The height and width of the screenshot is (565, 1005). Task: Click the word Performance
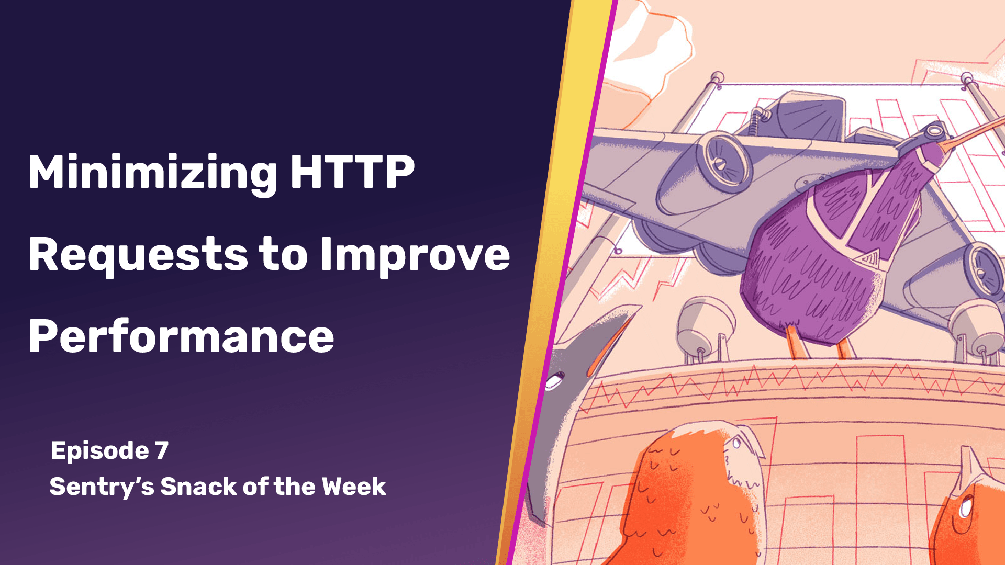tap(181, 336)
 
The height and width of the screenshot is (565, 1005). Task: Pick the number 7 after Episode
tap(162, 450)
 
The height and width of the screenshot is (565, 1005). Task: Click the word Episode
tap(99, 451)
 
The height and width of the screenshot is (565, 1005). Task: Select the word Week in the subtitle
tap(354, 487)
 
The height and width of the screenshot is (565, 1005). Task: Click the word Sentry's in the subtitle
tap(102, 487)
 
